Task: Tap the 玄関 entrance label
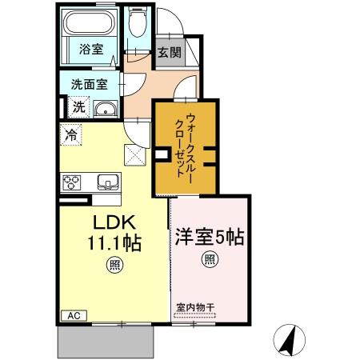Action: click(x=168, y=54)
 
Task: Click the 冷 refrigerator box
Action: click(x=71, y=135)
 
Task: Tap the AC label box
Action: click(x=74, y=317)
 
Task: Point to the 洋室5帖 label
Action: click(x=209, y=237)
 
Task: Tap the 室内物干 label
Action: click(x=195, y=307)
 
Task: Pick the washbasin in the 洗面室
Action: click(x=105, y=109)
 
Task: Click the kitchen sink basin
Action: click(x=107, y=181)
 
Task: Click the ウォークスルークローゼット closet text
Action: click(x=186, y=147)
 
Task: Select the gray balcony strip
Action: click(x=105, y=342)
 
